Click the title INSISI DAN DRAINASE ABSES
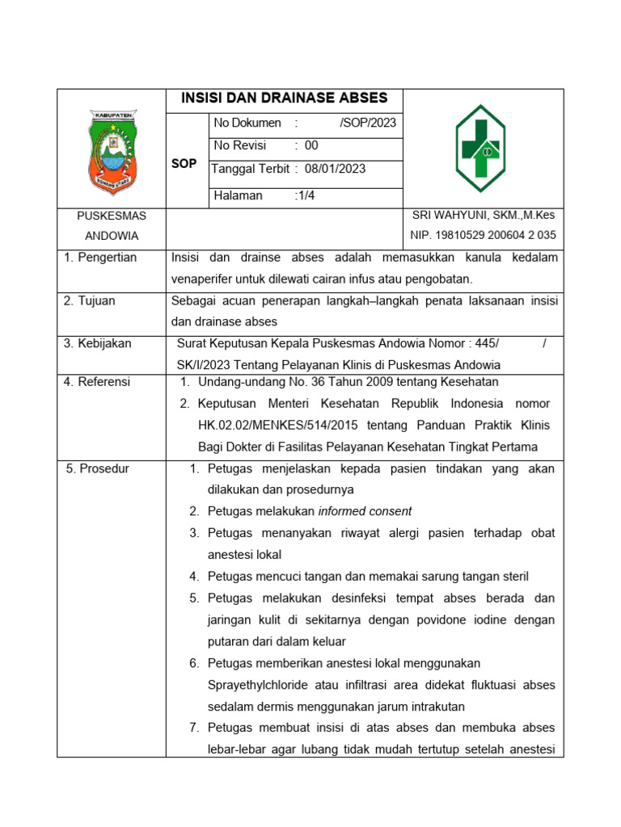click(284, 99)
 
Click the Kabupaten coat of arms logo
click(112, 149)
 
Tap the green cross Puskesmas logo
click(480, 149)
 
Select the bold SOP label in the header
click(184, 163)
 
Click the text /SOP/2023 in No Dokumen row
click(368, 123)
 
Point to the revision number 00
click(311, 145)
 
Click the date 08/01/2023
click(336, 169)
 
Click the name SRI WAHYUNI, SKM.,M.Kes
click(484, 215)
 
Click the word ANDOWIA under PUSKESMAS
click(112, 236)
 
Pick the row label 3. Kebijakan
click(98, 343)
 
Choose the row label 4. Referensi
click(97, 382)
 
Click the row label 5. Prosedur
click(97, 468)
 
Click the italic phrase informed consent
click(365, 511)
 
